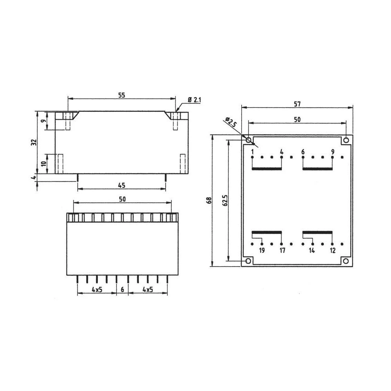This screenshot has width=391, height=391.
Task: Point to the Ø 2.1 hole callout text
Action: (194, 100)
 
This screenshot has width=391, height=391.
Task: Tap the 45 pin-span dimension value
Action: (122, 185)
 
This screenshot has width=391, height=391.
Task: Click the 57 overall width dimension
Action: (297, 104)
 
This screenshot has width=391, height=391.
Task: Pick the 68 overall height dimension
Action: (209, 200)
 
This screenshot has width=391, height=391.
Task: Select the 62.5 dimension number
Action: (225, 200)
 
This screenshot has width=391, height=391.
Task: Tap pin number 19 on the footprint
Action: (262, 251)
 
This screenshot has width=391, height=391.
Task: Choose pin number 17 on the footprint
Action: (282, 251)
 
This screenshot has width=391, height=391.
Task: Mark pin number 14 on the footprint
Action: (312, 251)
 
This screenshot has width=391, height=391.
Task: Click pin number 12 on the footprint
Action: (332, 251)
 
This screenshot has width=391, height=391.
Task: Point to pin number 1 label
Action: (253, 152)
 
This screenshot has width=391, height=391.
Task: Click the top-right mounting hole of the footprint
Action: (346, 140)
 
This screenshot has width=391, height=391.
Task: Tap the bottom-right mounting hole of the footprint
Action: (346, 261)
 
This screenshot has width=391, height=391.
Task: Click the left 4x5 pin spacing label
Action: (97, 289)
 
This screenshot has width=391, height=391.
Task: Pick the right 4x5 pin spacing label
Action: (148, 289)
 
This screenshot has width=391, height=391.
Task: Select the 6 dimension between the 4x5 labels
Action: (122, 289)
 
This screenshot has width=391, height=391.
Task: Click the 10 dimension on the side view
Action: (44, 163)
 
